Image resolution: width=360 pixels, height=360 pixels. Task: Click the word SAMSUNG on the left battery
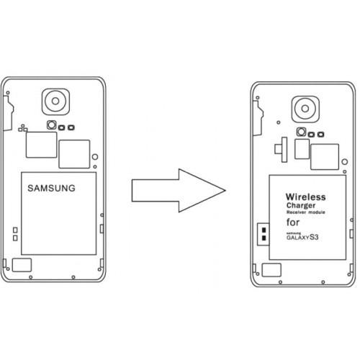[x=51, y=188]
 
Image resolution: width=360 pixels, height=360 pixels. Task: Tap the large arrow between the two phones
[x=179, y=191]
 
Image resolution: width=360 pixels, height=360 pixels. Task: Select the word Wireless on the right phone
[x=306, y=197]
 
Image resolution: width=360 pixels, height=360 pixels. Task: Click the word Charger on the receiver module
[x=301, y=206]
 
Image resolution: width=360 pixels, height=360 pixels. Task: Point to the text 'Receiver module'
[x=306, y=212]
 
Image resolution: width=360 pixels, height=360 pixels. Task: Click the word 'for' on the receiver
[x=293, y=222]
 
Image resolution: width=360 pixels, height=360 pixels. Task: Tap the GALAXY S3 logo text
[x=302, y=237]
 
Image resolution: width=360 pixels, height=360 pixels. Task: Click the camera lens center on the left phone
[x=55, y=101]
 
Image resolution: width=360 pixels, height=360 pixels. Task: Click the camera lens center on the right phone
[x=305, y=109]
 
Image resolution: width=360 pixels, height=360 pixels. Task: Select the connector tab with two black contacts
[x=264, y=234]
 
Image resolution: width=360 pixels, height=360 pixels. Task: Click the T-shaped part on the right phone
[x=281, y=150]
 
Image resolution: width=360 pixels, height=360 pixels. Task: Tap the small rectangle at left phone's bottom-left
[x=22, y=265]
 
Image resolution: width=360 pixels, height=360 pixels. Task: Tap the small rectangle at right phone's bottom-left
[x=271, y=270]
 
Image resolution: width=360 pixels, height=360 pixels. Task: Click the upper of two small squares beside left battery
[x=15, y=230]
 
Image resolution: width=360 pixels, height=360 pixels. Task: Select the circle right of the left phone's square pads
[x=95, y=157]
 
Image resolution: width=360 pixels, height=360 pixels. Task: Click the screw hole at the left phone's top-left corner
[x=8, y=93]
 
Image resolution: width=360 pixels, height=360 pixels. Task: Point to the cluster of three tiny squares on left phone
[x=23, y=128]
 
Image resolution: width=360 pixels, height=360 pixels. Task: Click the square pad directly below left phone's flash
[x=41, y=145]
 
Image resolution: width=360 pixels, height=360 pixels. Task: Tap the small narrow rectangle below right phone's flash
[x=302, y=149]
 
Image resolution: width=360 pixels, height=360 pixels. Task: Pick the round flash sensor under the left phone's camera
[x=52, y=125]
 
